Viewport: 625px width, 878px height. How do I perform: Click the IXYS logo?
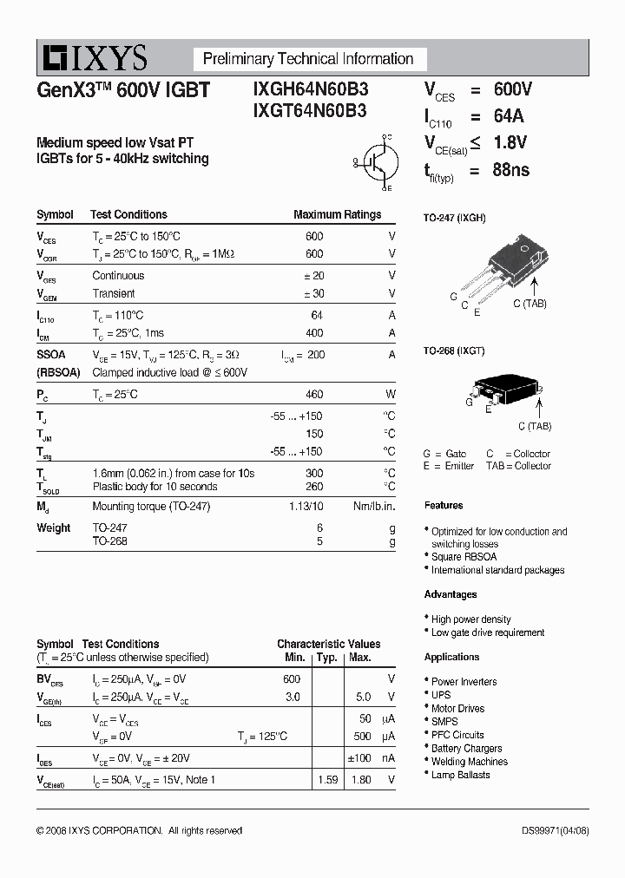coord(92,58)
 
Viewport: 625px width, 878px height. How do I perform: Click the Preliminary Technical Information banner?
coord(308,59)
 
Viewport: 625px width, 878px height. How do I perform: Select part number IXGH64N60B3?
coord(311,89)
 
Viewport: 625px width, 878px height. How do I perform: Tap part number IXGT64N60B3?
coord(310,111)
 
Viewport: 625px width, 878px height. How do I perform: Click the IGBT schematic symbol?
coord(378,161)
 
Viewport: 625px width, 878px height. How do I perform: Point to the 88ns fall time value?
coord(510,170)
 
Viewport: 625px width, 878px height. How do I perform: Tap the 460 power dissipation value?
coord(314,394)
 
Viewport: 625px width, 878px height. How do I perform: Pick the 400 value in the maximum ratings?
coord(314,333)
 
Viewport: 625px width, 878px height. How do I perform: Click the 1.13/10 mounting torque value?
coord(306,506)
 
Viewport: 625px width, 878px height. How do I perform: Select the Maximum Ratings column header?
coord(337,214)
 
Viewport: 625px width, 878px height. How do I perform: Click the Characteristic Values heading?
coord(328,644)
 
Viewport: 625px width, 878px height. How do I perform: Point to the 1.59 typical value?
coord(327,780)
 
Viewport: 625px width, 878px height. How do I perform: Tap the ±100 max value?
coord(359,758)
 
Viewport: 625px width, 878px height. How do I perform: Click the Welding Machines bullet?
coord(469,762)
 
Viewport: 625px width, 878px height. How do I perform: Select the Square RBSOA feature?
coord(464,557)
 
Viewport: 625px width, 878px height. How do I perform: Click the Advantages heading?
coord(451,594)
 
